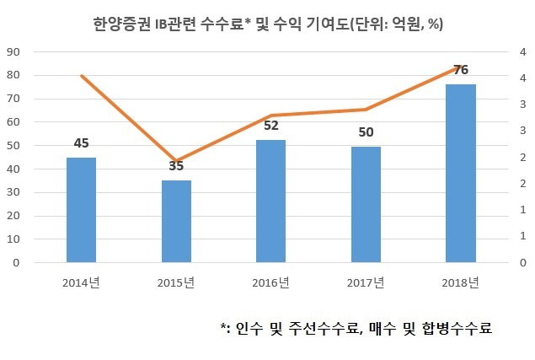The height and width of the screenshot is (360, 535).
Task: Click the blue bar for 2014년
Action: (x=81, y=210)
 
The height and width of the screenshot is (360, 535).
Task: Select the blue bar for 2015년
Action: (x=176, y=222)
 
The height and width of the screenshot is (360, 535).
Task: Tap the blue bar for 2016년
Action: (x=271, y=201)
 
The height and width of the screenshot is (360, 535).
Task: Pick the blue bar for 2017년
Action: (x=366, y=205)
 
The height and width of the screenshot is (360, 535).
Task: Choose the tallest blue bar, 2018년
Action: (x=461, y=173)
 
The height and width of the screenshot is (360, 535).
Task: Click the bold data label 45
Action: (x=81, y=143)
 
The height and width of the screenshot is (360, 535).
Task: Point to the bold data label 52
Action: (x=271, y=126)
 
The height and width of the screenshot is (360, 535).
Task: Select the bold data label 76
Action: (x=461, y=70)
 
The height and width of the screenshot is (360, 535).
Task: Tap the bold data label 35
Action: (x=176, y=166)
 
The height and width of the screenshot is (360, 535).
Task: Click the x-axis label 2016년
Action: (x=271, y=282)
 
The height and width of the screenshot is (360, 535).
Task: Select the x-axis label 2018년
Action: (x=461, y=282)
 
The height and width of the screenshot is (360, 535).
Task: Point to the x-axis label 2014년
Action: (x=81, y=282)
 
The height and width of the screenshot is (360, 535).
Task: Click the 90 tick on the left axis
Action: (x=13, y=52)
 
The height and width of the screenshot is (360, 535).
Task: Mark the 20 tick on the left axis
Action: (x=13, y=216)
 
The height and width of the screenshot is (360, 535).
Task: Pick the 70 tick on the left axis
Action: (x=13, y=99)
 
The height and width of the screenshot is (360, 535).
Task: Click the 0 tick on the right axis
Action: (x=522, y=263)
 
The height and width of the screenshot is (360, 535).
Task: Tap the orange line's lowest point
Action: (x=176, y=161)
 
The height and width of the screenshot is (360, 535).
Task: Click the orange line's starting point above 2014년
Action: (x=82, y=76)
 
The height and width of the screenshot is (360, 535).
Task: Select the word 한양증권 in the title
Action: (x=122, y=24)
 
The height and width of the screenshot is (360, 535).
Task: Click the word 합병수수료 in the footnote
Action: (x=457, y=328)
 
